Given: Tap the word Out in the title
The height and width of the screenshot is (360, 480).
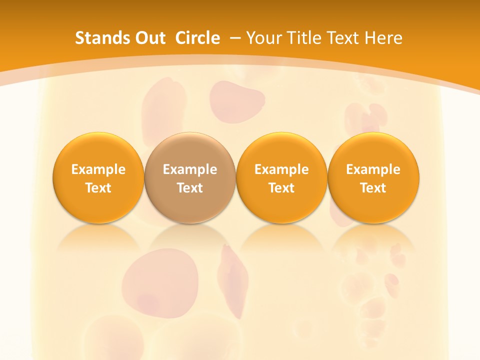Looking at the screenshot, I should click(x=149, y=38).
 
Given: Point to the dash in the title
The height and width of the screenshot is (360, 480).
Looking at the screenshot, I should click(x=235, y=38).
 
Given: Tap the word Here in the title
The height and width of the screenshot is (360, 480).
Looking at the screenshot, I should click(x=383, y=38).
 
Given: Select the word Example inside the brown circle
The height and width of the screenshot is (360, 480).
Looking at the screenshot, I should click(x=190, y=169).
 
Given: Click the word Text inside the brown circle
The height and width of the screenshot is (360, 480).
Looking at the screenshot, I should click(x=190, y=188).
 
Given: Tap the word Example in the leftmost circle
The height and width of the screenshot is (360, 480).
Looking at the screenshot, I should click(x=98, y=169).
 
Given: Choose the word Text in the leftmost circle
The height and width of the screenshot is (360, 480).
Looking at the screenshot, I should click(x=98, y=188).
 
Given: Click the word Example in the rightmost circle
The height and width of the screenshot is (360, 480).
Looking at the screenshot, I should click(x=373, y=169).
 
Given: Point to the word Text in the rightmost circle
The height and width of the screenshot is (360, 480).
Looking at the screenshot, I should click(x=373, y=188).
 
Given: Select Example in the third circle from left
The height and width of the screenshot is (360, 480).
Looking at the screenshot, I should click(x=281, y=169).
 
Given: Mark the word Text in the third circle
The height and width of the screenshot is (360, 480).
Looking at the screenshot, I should click(x=281, y=188).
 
